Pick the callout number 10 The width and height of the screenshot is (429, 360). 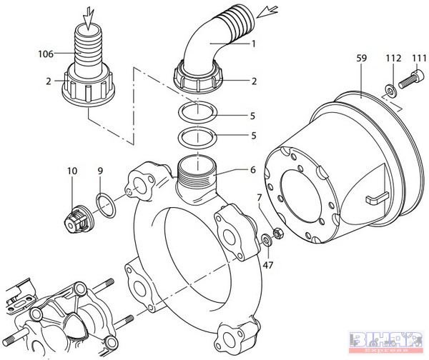72,171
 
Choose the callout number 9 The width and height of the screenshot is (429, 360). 100,171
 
